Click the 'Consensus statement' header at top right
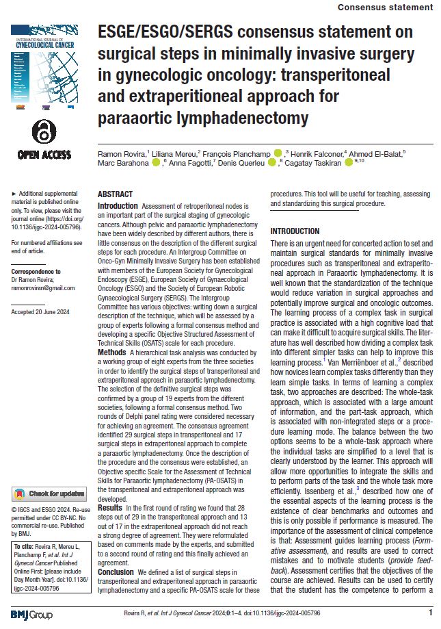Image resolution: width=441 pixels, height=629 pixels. pyautogui.click(x=386, y=7)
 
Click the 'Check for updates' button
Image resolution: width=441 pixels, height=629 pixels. pyautogui.click(x=49, y=493)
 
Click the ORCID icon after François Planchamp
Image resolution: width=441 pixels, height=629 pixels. pyautogui.click(x=278, y=153)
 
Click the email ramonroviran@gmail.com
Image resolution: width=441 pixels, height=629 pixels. pyautogui.click(x=40, y=290)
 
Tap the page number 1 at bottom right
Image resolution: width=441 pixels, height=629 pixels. pyautogui.click(x=430, y=613)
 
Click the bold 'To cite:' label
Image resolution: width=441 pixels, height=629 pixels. pyautogui.click(x=25, y=546)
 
